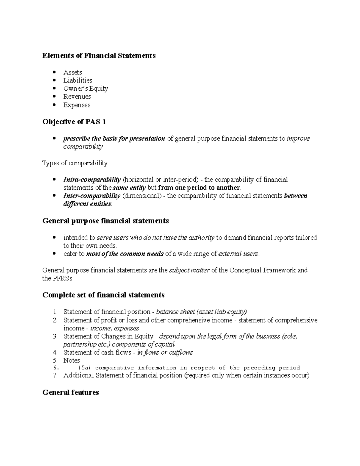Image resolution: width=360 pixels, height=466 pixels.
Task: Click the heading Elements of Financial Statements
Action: pyautogui.click(x=99, y=56)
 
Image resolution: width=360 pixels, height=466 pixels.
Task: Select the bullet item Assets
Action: pyautogui.click(x=73, y=72)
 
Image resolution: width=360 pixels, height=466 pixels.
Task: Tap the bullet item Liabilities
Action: pyautogui.click(x=78, y=80)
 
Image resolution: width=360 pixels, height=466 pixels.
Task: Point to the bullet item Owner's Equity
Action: pyautogui.click(x=85, y=89)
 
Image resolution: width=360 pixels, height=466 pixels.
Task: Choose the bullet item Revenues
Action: pyautogui.click(x=77, y=97)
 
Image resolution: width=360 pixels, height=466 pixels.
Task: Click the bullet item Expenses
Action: pyautogui.click(x=77, y=105)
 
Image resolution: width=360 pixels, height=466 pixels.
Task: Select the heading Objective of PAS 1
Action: pyautogui.click(x=74, y=122)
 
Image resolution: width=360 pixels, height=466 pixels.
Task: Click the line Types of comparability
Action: pyautogui.click(x=75, y=163)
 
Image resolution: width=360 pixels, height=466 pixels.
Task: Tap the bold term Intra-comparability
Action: pyautogui.click(x=92, y=180)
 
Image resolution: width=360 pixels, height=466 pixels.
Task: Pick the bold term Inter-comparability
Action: pyautogui.click(x=91, y=196)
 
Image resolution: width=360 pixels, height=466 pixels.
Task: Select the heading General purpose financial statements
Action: pyautogui.click(x=106, y=221)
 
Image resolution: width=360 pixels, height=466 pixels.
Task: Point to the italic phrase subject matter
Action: pyautogui.click(x=189, y=270)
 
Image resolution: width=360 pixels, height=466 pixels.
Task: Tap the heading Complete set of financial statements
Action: pyautogui.click(x=103, y=295)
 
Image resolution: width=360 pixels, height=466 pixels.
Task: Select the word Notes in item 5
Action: pyautogui.click(x=71, y=360)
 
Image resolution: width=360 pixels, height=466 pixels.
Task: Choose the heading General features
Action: pyautogui.click(x=70, y=392)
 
